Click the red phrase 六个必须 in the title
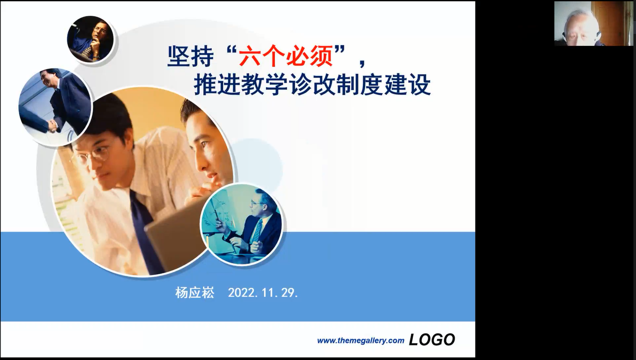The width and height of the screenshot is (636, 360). click(x=286, y=56)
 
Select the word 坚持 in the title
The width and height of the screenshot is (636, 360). click(x=190, y=56)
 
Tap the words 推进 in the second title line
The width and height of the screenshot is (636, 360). click(x=217, y=85)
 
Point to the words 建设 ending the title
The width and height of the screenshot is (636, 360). click(x=408, y=85)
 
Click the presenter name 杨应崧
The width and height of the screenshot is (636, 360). click(x=195, y=293)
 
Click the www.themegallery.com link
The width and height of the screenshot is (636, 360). click(x=361, y=340)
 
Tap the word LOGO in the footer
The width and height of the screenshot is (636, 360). click(x=432, y=339)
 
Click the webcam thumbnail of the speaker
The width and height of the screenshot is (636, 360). click(x=594, y=23)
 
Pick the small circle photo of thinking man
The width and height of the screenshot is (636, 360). click(x=90, y=39)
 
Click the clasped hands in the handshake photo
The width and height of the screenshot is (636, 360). click(x=53, y=126)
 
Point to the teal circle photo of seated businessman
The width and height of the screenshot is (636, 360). click(x=241, y=224)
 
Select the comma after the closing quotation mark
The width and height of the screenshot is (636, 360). click(x=362, y=63)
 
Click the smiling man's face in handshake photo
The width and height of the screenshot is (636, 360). click(x=48, y=78)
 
